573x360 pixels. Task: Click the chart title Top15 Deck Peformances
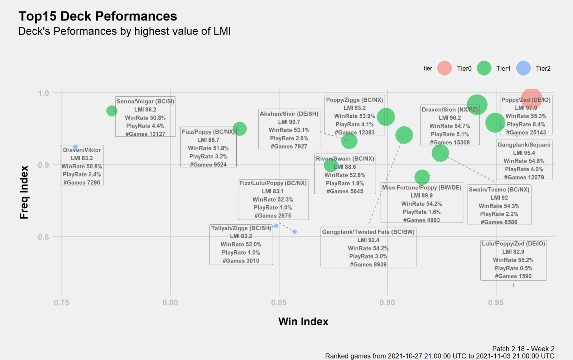click(x=98, y=16)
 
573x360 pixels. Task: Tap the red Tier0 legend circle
click(x=444, y=68)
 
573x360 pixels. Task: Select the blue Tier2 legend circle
click(x=523, y=68)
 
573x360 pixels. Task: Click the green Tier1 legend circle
click(x=484, y=68)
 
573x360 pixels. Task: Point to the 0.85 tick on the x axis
click(x=279, y=303)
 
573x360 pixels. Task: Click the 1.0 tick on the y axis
click(x=43, y=93)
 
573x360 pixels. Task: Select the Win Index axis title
click(x=303, y=322)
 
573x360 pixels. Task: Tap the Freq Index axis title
click(x=24, y=192)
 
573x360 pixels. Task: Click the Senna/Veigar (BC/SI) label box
click(x=145, y=117)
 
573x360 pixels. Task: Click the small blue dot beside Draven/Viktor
click(x=75, y=147)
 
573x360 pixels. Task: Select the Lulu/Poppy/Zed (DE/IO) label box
click(x=513, y=260)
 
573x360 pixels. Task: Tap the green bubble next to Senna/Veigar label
click(x=112, y=111)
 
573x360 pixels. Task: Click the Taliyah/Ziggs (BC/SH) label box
click(x=241, y=244)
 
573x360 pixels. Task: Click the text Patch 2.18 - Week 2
click(x=523, y=349)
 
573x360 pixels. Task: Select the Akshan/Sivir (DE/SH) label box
click(x=289, y=129)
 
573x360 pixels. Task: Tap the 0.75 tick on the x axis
click(x=62, y=303)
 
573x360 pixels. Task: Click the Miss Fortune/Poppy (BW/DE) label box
click(x=422, y=203)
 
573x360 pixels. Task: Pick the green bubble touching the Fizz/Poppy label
click(x=240, y=129)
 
